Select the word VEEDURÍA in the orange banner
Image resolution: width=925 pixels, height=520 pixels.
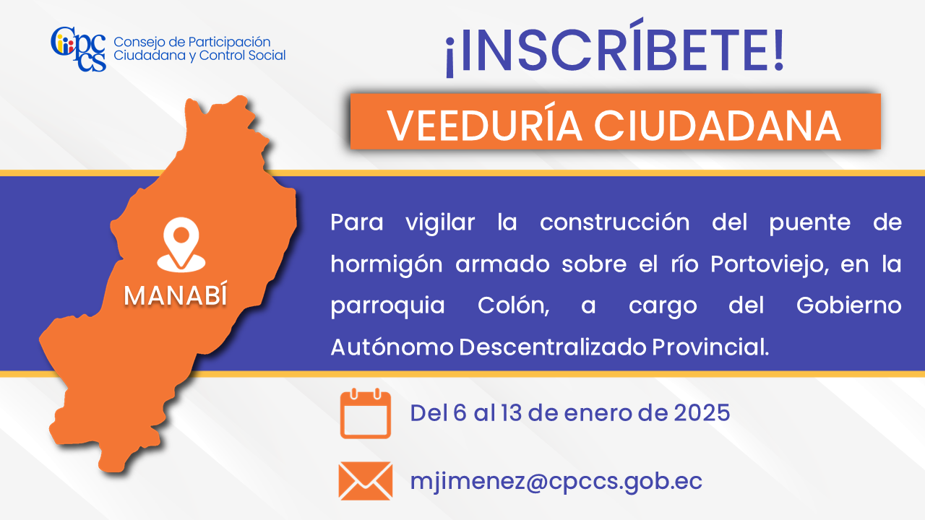(484, 126)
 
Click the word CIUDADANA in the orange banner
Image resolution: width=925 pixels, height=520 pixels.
(718, 126)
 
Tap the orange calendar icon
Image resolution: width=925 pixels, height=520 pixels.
(366, 413)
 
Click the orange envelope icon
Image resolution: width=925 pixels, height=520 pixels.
(366, 481)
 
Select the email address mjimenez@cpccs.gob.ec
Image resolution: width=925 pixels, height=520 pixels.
(556, 482)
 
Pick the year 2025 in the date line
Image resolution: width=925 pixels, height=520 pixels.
(702, 412)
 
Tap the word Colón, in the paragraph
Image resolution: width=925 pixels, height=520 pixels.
(514, 305)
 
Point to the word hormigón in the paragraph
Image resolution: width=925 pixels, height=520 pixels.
(387, 264)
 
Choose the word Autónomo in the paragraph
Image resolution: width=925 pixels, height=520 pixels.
(392, 347)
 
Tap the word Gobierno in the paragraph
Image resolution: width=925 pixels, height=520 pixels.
(848, 305)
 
